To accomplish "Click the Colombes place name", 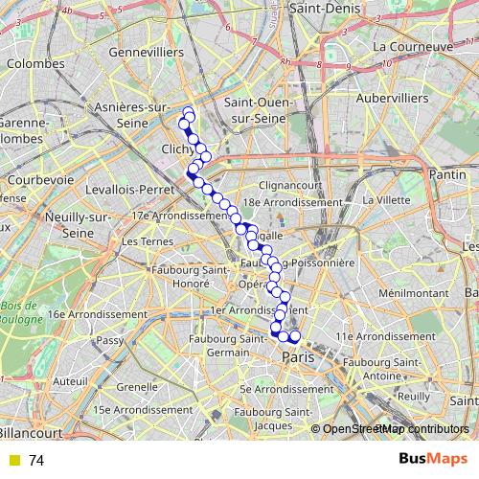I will pos(34,63).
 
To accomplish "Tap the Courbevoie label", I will pos(40,179).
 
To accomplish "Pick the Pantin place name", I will pos(448,175).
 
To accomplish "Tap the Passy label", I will pos(110,340).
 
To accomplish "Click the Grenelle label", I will pos(136,387).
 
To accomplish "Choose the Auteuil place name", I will pos(70,380).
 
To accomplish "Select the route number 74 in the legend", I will pos(36,460).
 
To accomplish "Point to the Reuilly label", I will pos(412,395).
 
